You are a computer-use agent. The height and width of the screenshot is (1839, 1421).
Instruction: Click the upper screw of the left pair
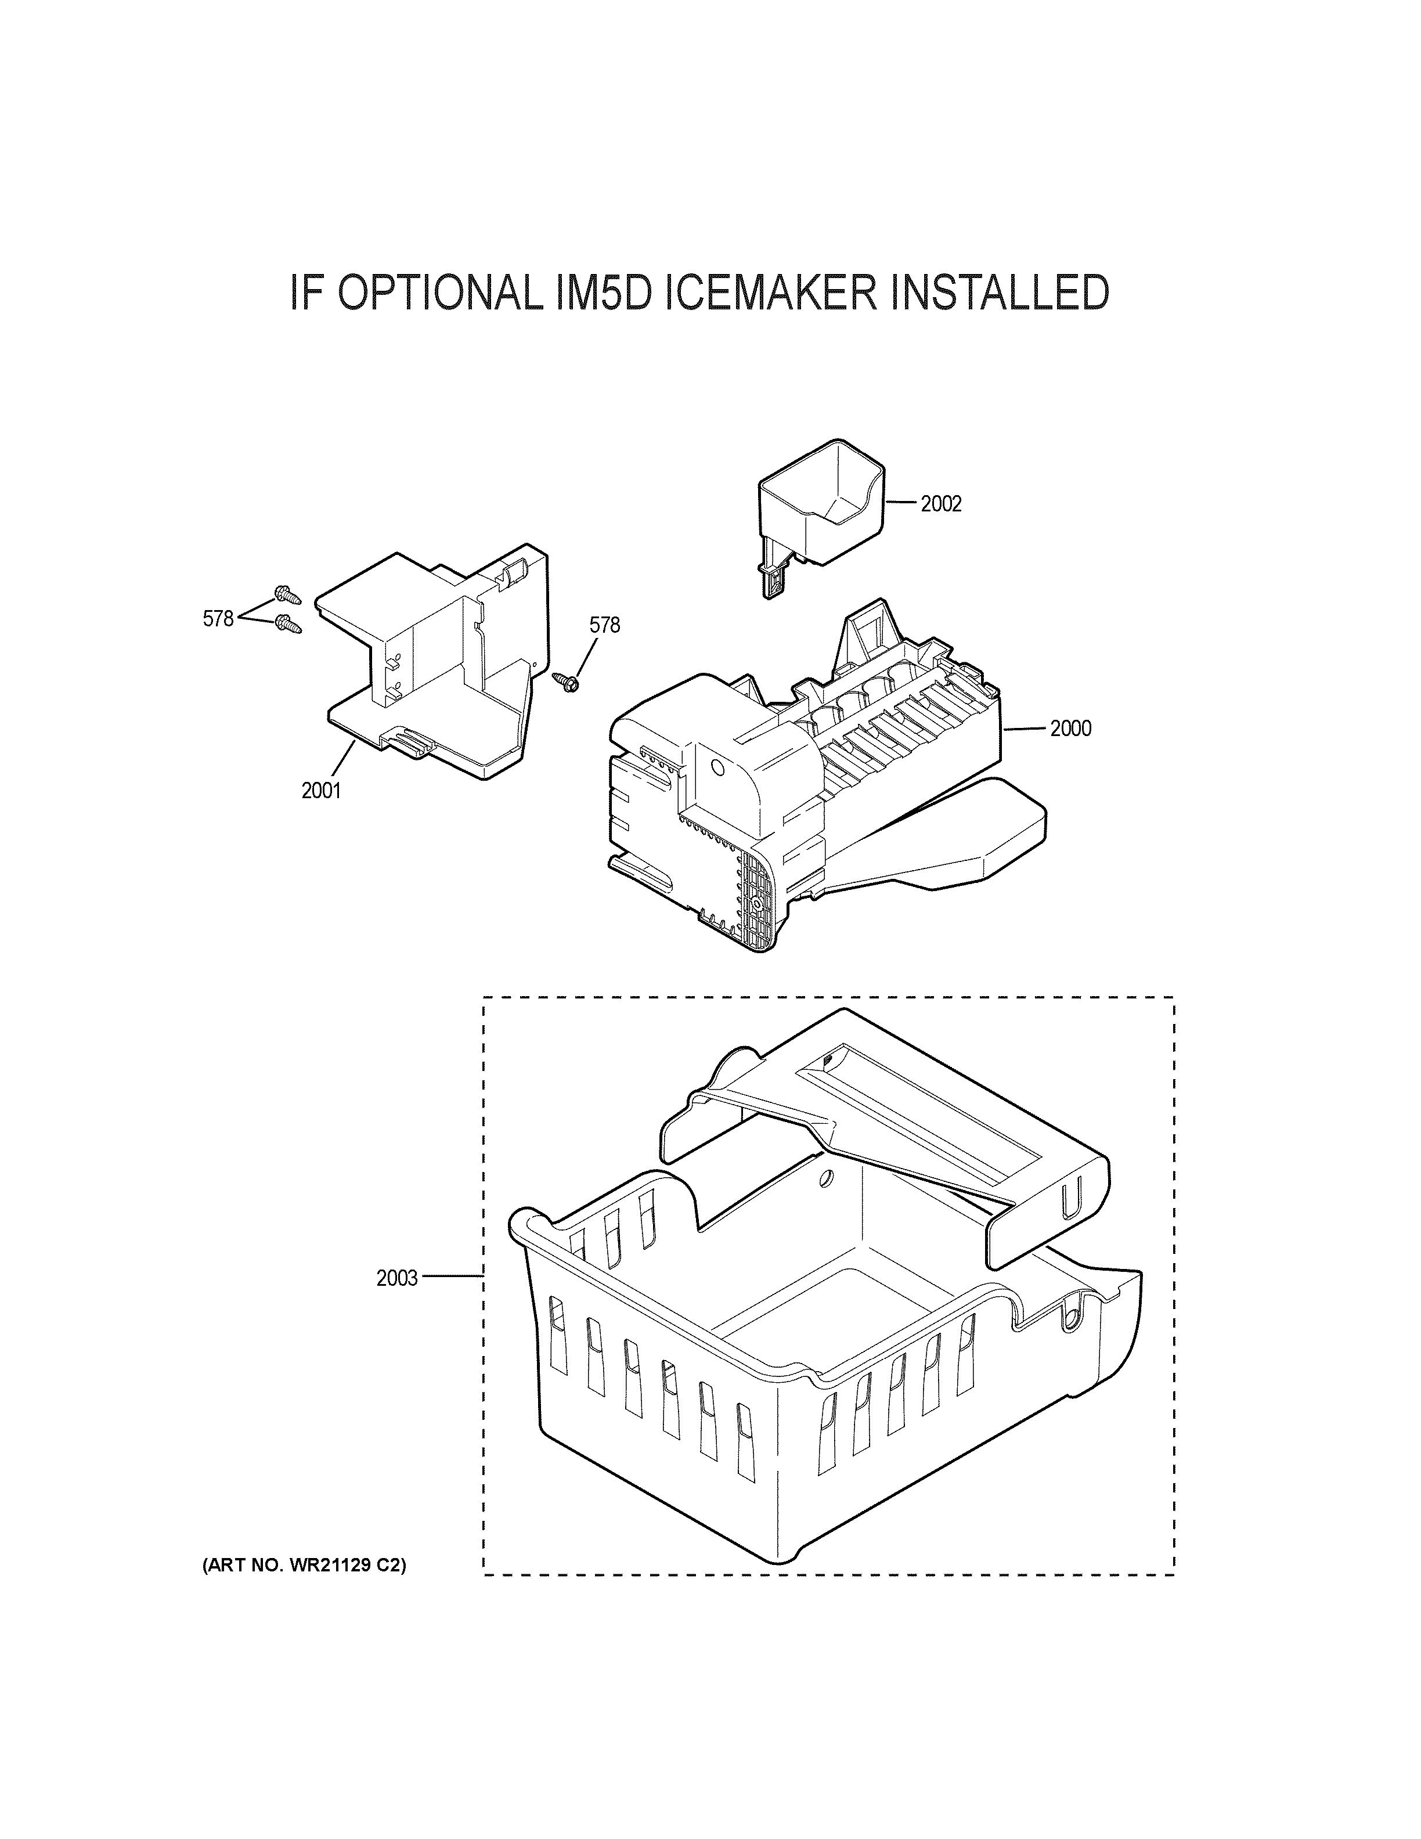point(287,594)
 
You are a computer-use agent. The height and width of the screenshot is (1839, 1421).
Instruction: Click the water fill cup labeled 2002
point(821,501)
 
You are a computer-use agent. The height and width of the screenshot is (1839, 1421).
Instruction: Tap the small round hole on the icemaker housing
point(718,768)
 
